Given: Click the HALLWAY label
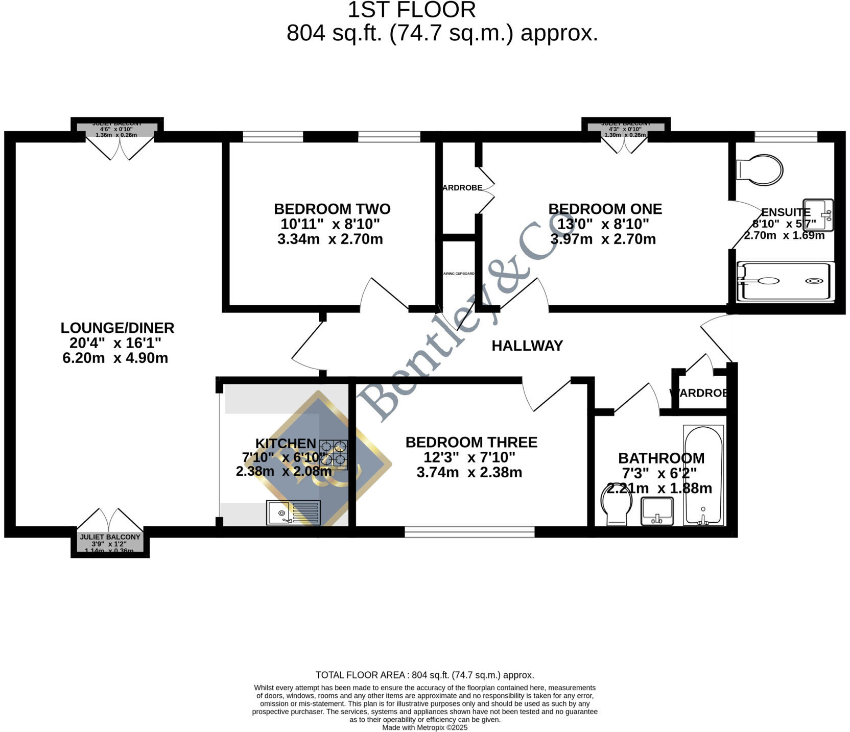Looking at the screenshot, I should click(x=527, y=346).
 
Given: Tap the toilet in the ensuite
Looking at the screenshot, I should click(x=760, y=169).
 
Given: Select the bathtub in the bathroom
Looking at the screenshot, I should click(x=703, y=475).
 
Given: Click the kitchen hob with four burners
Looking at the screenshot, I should click(x=334, y=454).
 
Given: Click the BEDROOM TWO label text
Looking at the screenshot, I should click(x=332, y=209).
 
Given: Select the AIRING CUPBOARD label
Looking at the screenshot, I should click(x=458, y=274).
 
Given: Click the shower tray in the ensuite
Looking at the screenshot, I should click(x=786, y=281).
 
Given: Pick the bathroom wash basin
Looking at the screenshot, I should click(x=657, y=511).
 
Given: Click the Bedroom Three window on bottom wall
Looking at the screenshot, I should click(x=469, y=532).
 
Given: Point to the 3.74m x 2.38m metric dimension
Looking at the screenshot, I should click(x=469, y=472).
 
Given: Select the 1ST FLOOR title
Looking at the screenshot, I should click(x=412, y=10).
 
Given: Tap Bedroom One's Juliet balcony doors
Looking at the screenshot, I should click(x=624, y=144).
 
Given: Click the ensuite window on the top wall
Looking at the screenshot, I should click(x=786, y=136).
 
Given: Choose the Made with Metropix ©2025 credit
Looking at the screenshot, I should click(x=424, y=727).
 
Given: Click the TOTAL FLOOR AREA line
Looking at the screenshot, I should click(x=424, y=675).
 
